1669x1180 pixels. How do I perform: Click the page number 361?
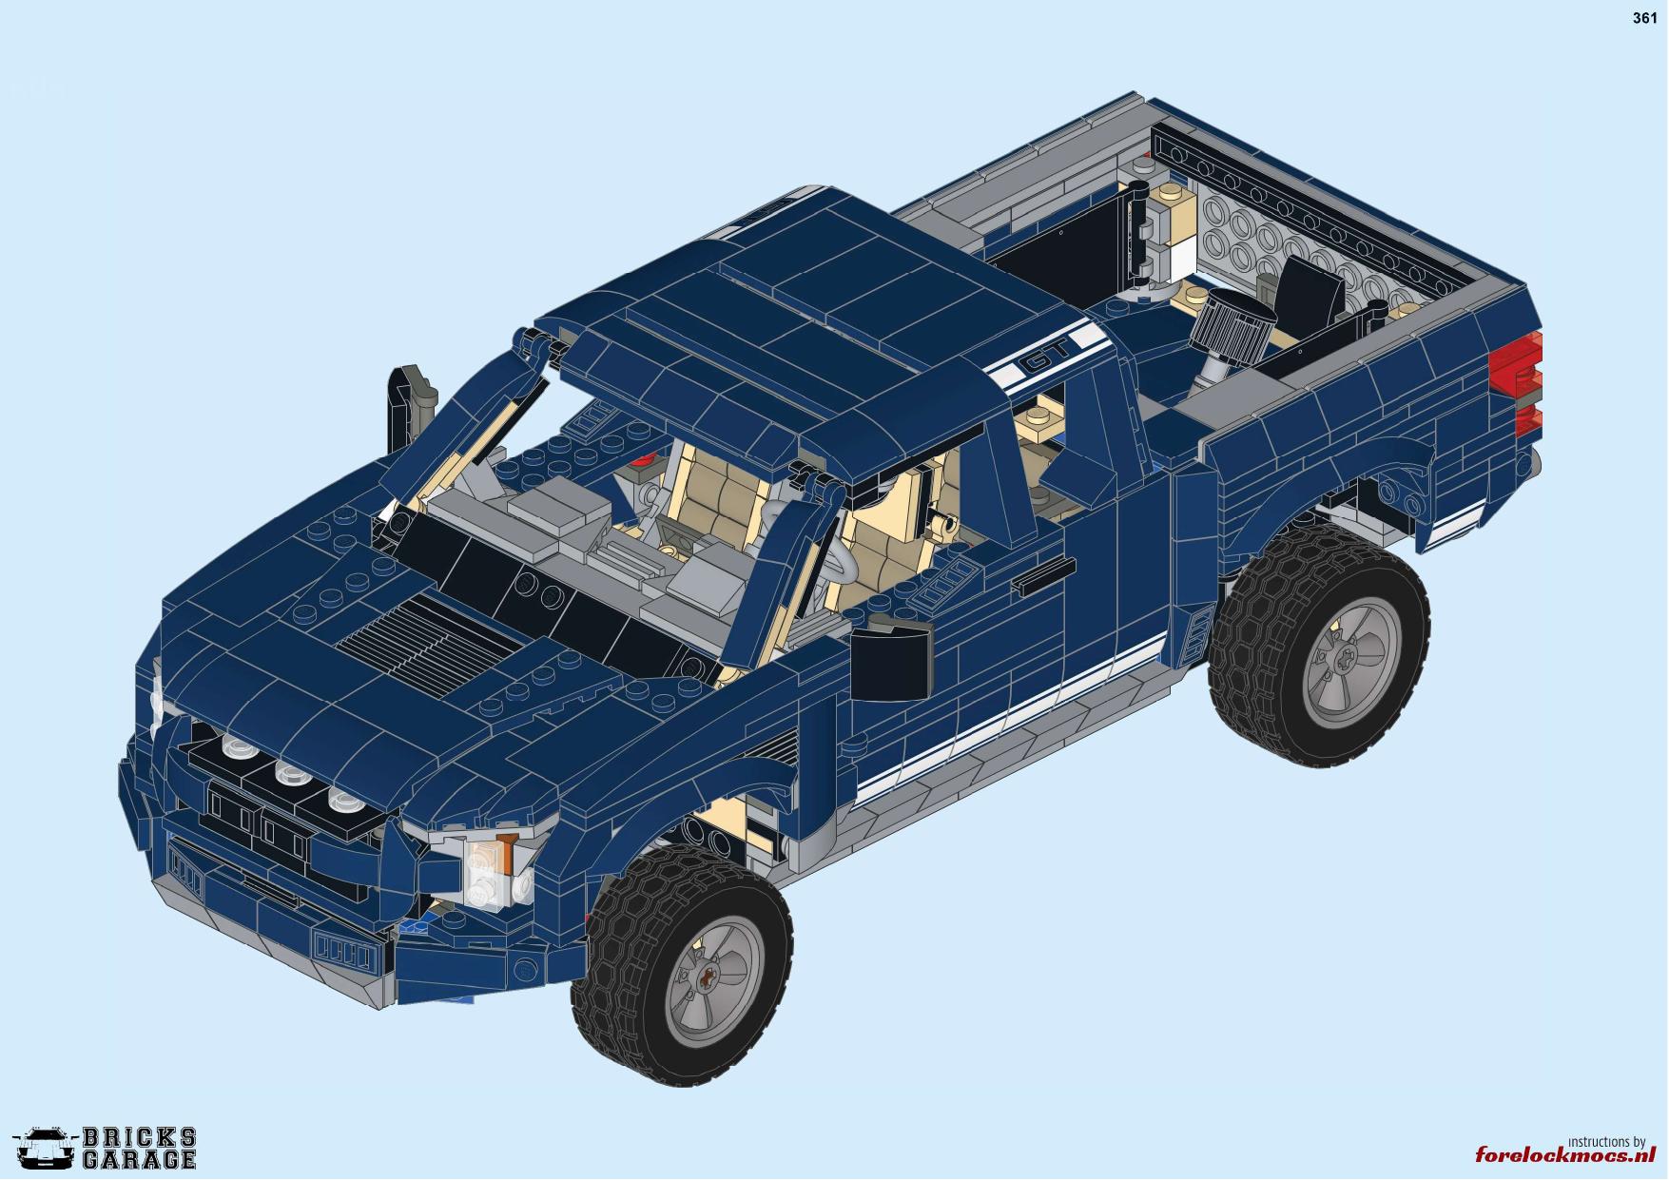pyautogui.click(x=1644, y=18)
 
